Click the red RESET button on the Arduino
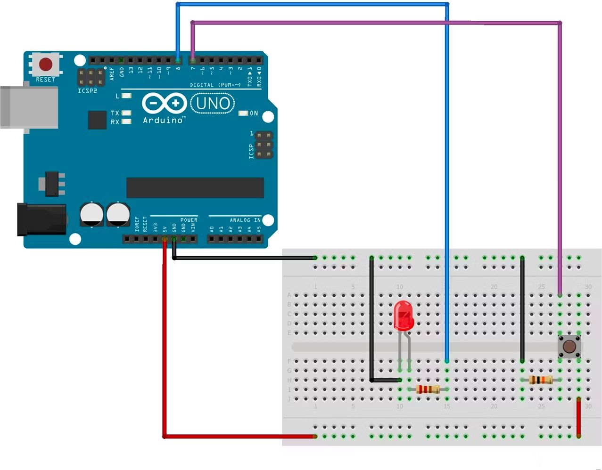[x=46, y=64]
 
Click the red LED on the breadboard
[x=404, y=315]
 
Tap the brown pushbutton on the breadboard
[x=569, y=347]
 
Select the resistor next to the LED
[x=428, y=389]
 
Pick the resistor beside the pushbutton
[x=541, y=380]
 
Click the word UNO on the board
[x=213, y=103]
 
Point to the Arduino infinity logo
[x=164, y=103]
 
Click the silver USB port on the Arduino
[x=28, y=107]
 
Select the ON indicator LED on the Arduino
[x=243, y=113]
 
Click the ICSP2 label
[x=87, y=90]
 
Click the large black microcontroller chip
[x=195, y=187]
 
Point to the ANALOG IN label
[x=245, y=220]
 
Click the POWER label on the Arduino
[x=189, y=220]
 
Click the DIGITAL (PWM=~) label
[x=215, y=85]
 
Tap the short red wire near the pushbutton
[x=578, y=417]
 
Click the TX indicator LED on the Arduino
[x=126, y=113]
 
